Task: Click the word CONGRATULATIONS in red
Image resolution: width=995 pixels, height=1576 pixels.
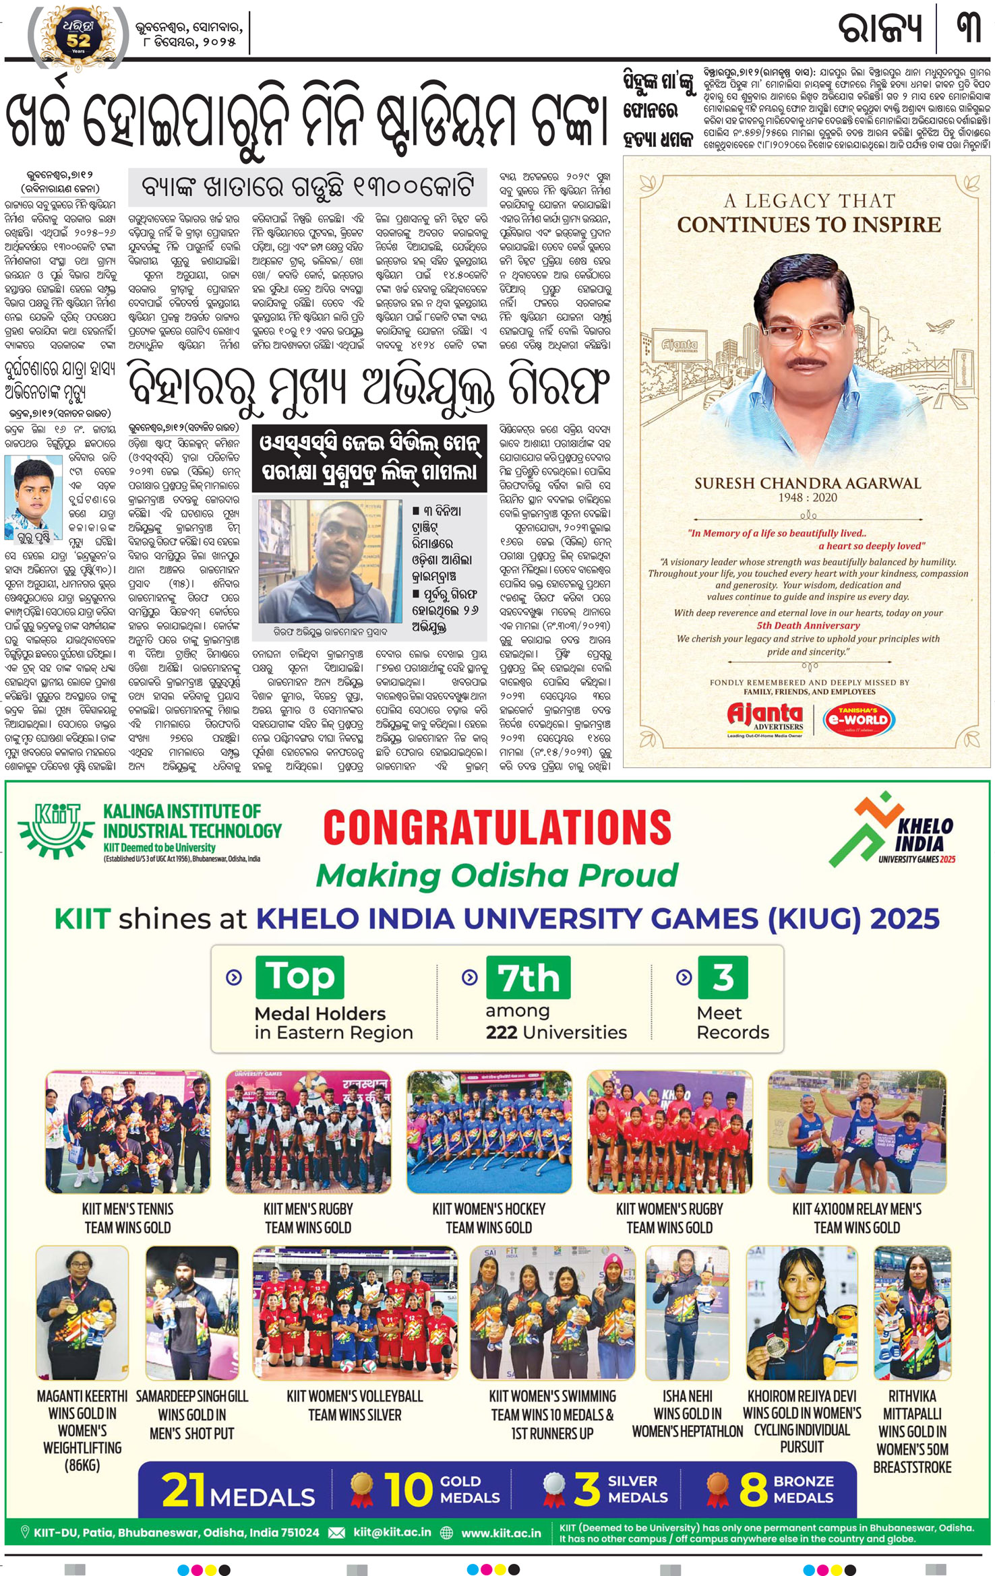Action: [497, 827]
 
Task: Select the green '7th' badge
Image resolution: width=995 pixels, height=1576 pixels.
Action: [528, 978]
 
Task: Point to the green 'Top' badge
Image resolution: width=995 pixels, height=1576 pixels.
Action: [299, 977]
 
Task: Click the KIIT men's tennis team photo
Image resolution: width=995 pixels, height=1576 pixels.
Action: [127, 1132]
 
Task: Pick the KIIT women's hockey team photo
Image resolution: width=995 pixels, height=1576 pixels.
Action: [489, 1132]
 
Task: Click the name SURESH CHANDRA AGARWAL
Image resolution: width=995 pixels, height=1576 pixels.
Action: [807, 483]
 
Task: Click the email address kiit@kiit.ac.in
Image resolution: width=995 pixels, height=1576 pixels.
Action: [392, 1532]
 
